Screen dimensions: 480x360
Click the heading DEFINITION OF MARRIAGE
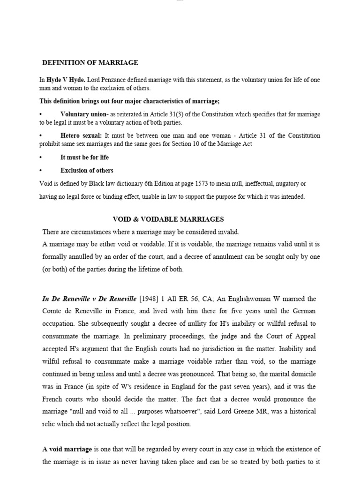click(x=90, y=63)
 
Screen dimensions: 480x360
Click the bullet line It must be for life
click(x=84, y=157)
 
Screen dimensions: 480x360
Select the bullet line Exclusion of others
click(x=87, y=171)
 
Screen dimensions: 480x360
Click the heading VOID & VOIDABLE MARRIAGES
click(x=168, y=219)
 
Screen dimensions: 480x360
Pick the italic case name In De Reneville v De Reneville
click(x=90, y=299)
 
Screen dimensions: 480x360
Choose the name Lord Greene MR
click(x=242, y=411)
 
